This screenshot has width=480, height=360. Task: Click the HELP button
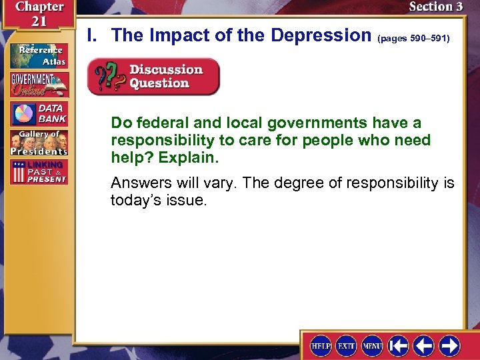321,345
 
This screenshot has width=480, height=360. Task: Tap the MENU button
372,345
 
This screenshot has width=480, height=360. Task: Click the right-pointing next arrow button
449,345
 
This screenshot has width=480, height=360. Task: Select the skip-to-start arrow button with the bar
398,345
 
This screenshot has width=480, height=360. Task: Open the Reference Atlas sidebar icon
38,55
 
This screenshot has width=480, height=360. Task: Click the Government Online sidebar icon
38,85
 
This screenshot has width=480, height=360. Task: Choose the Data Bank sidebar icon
38,114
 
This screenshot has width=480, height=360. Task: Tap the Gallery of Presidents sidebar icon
38,143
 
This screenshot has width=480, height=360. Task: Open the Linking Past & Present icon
38,172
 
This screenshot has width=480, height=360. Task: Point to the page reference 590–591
414,39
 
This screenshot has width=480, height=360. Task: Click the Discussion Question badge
153,76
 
